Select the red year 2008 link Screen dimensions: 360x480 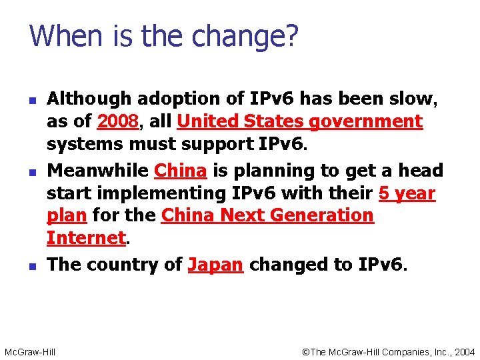click(118, 122)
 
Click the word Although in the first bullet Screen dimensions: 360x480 click(89, 100)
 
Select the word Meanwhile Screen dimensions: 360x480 click(97, 171)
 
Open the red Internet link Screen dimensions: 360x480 click(86, 239)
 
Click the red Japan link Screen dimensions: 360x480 click(215, 265)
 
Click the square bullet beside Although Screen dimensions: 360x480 click(32, 100)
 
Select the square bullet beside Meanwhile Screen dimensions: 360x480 click(32, 171)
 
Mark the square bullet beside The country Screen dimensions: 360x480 click(32, 265)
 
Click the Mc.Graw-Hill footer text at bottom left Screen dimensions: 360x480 click(30, 351)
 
